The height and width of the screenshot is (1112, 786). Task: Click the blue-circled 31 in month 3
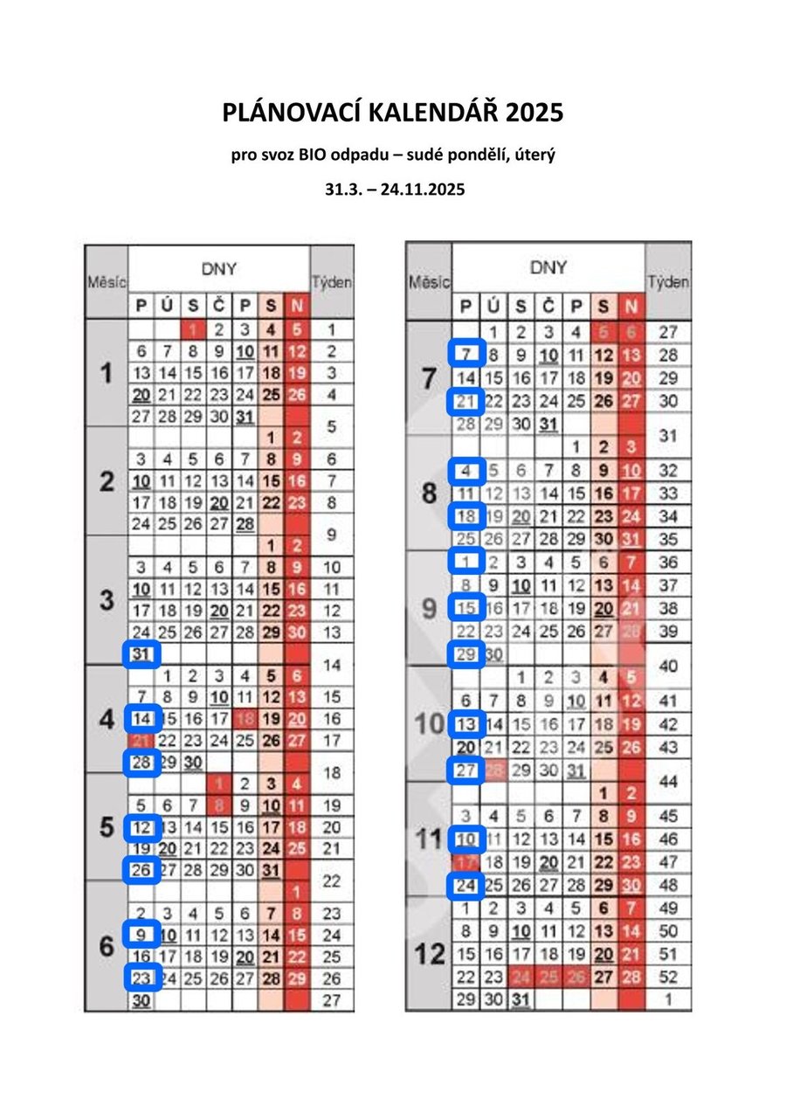(141, 653)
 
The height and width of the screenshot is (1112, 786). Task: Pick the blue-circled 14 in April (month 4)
(141, 719)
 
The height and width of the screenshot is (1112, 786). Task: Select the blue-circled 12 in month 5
(141, 827)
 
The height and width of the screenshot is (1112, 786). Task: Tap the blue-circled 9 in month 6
(141, 935)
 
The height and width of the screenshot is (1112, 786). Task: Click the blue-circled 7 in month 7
(466, 355)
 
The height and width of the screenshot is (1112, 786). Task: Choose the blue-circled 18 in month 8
(466, 516)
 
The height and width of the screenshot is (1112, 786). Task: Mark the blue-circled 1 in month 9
(466, 562)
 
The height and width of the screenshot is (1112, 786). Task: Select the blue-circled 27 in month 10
(466, 770)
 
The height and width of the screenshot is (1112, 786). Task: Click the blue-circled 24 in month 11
(466, 886)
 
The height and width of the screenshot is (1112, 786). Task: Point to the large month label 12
(429, 954)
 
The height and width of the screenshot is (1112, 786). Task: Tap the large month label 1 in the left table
(106, 374)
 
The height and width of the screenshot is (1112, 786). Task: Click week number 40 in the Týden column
(668, 666)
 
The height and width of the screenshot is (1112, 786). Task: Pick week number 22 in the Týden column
(331, 881)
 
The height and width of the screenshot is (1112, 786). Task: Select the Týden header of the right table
(668, 282)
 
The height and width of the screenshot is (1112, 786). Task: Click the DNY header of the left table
(218, 269)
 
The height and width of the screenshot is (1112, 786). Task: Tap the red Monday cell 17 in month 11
(466, 862)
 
